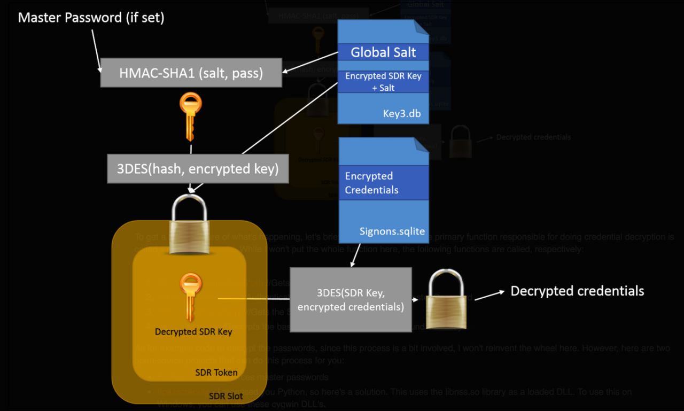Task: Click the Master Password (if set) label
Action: click(91, 18)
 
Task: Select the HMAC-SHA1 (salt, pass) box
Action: click(191, 73)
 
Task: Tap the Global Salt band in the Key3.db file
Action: click(383, 52)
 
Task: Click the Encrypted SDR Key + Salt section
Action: click(383, 82)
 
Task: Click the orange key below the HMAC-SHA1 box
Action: click(191, 115)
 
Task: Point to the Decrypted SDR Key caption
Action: click(193, 331)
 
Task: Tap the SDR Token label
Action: click(216, 372)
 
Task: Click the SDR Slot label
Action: click(226, 396)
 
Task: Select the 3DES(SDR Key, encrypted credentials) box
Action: click(351, 299)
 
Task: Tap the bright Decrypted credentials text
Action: click(577, 291)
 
